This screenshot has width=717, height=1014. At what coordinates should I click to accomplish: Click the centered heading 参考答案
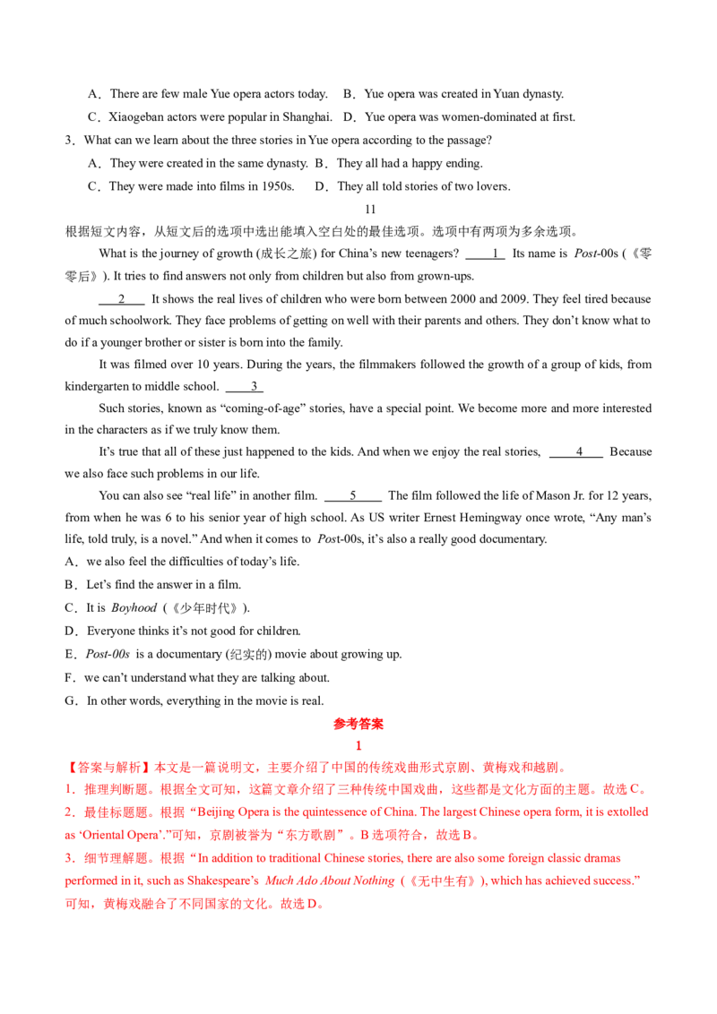[x=358, y=723]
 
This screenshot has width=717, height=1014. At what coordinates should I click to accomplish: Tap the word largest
[x=452, y=811]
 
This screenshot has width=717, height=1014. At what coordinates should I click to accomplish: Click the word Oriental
[x=97, y=835]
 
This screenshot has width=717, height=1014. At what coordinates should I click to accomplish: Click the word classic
[x=549, y=858]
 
